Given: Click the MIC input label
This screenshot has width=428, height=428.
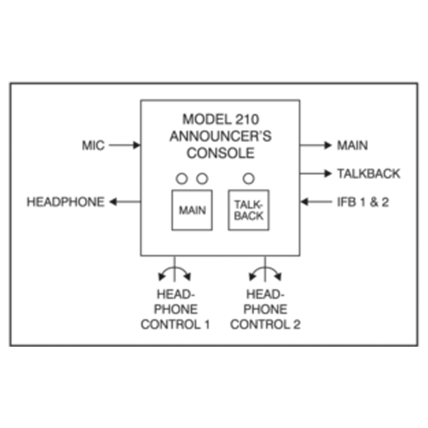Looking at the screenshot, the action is (93, 145).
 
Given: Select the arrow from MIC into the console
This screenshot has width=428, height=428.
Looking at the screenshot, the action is (125, 145).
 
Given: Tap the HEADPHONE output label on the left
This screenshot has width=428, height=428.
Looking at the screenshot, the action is (65, 202).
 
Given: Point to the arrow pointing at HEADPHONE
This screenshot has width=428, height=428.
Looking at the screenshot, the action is (125, 202).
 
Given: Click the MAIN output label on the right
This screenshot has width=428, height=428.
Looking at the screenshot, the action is (352, 145).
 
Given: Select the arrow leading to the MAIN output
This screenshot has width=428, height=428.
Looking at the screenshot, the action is (316, 145).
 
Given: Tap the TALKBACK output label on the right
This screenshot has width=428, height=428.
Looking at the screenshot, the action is (369, 174).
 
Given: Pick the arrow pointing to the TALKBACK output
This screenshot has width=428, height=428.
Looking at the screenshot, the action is (316, 174).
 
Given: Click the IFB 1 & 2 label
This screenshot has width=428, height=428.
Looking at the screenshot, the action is (363, 202).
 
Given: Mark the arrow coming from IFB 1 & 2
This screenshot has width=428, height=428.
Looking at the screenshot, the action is (316, 202).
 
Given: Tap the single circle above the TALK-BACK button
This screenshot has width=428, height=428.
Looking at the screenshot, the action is (249, 173).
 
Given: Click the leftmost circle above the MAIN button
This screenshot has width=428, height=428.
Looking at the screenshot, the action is (182, 173).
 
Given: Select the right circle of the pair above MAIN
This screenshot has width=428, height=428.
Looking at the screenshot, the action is (202, 173).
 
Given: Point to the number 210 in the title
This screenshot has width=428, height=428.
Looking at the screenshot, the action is (247, 119).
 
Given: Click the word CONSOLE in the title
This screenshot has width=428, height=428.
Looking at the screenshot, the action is (220, 153).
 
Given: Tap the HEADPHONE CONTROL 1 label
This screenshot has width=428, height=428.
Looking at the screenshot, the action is (175, 309).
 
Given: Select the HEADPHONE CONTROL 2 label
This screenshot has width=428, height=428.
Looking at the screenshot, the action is (265, 309).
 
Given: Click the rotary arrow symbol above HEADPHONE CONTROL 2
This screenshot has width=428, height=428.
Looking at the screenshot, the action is (265, 267).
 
